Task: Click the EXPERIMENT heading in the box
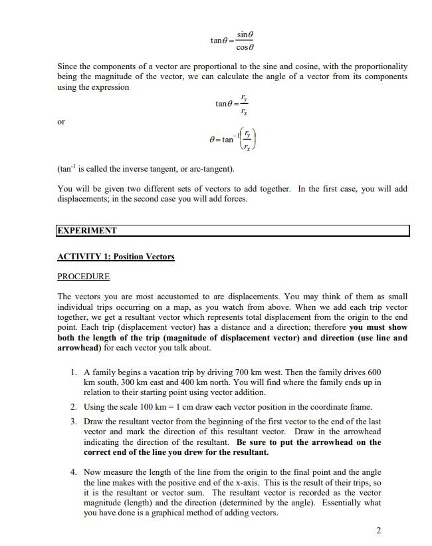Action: (x=87, y=231)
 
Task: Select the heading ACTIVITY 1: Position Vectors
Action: (x=116, y=257)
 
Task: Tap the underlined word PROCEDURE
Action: (x=83, y=276)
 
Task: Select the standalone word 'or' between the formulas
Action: (x=62, y=121)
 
